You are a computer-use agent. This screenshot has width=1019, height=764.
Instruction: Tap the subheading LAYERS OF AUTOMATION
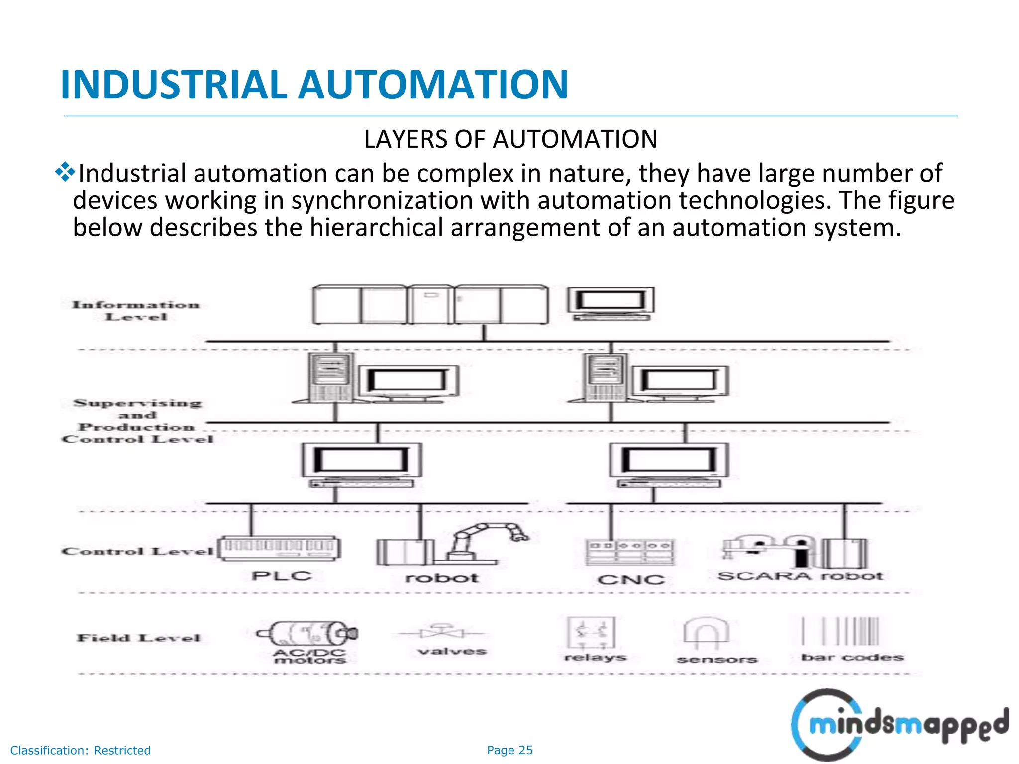(x=510, y=139)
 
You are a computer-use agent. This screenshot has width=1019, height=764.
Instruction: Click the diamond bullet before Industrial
(x=65, y=172)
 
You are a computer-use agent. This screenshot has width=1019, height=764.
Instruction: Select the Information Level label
(x=136, y=311)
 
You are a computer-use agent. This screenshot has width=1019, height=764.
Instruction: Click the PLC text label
(x=282, y=576)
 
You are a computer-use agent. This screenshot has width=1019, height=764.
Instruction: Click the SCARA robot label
(x=800, y=576)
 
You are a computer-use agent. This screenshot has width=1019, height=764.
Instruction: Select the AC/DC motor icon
(x=307, y=633)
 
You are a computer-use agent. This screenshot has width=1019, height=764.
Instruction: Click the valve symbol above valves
(x=441, y=632)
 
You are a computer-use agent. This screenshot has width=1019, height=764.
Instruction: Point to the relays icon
(x=592, y=633)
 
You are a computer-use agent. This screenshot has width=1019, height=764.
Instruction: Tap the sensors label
(x=717, y=660)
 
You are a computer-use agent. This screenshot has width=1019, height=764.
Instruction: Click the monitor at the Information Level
(x=611, y=302)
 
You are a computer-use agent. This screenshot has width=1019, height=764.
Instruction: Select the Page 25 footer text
(x=509, y=750)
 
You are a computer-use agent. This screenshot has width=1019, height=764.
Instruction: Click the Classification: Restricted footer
(x=81, y=750)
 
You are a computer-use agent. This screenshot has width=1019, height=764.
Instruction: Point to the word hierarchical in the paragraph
(x=376, y=227)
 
